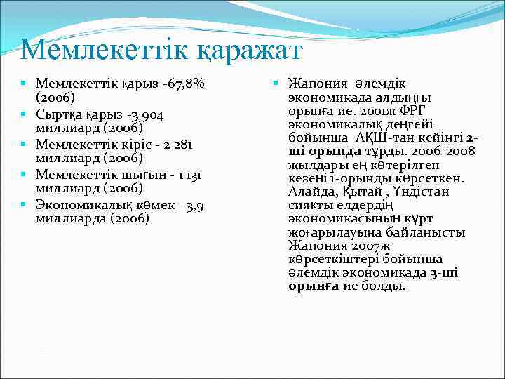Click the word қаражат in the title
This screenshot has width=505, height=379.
click(236, 51)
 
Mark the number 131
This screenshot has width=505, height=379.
click(194, 174)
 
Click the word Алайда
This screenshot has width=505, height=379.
click(311, 192)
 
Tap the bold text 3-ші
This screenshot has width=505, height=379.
click(444, 272)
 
